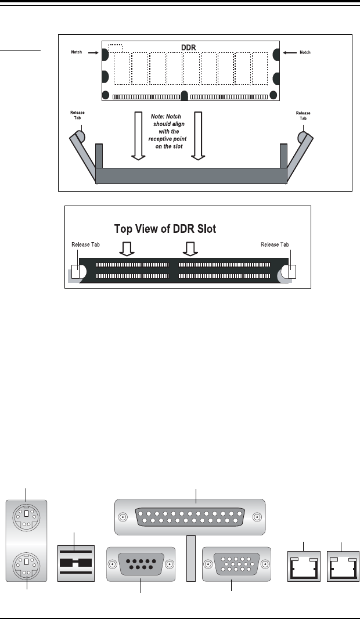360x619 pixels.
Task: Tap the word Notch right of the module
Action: coord(304,52)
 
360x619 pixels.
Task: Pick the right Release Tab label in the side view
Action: coord(303,115)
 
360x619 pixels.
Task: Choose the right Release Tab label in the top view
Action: coord(275,245)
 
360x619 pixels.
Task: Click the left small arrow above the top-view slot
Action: coord(126,249)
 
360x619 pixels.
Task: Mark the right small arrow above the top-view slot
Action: coord(189,249)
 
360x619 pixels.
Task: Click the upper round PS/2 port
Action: coord(27,514)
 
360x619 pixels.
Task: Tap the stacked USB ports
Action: coord(75,563)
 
